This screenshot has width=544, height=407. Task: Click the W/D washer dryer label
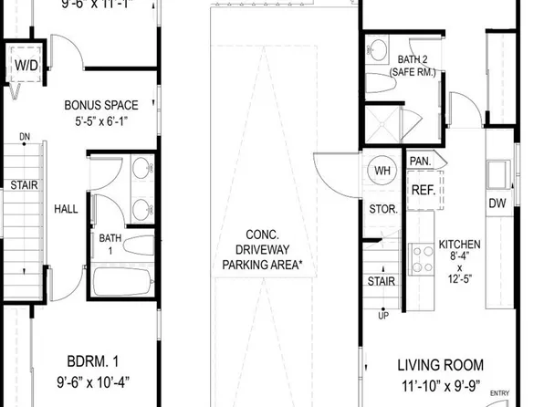[25, 65]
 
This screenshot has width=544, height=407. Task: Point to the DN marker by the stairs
[25, 138]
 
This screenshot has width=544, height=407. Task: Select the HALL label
[66, 208]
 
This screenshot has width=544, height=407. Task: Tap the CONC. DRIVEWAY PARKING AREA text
[263, 248]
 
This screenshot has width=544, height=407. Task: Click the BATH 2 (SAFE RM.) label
[401, 65]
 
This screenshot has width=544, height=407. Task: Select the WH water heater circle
[382, 170]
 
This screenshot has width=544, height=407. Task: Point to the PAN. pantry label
[420, 161]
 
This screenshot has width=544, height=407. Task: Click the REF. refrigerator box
[422, 191]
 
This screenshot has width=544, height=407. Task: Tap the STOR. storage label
[382, 209]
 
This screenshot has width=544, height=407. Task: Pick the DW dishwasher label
[497, 203]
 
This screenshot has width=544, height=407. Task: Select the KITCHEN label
[460, 245]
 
